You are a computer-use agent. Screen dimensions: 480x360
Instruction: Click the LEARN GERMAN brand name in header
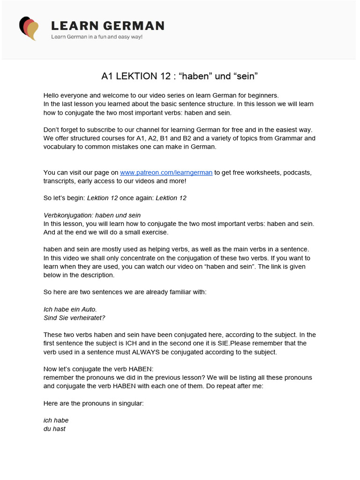click(107, 26)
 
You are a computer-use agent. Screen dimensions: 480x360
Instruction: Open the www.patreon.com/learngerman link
click(166, 172)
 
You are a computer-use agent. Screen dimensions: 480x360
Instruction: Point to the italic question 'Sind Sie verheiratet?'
click(74, 318)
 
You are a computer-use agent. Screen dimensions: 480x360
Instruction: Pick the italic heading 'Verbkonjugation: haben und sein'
click(92, 215)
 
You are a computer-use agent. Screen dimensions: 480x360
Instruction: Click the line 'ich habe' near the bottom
click(56, 420)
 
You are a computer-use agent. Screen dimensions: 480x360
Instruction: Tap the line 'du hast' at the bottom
click(54, 428)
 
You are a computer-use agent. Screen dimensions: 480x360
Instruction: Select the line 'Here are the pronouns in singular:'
click(93, 403)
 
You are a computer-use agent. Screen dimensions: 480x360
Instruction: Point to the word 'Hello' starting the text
click(52, 95)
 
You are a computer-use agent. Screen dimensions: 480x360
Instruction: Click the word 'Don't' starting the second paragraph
click(52, 129)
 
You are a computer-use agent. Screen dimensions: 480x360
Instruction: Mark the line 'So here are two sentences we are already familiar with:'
click(125, 292)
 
